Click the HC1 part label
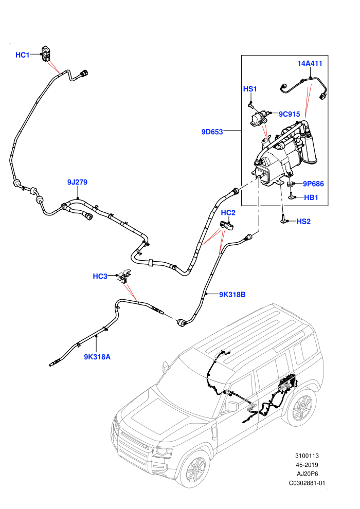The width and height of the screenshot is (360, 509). tap(23, 55)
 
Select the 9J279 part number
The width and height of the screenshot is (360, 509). tap(77, 182)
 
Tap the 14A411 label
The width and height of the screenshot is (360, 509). tap(310, 63)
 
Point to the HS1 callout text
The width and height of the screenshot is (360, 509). tap(250, 88)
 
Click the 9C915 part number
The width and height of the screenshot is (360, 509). tap(289, 114)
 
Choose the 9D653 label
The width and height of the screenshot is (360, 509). tap(212, 132)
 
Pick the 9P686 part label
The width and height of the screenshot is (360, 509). tap(313, 184)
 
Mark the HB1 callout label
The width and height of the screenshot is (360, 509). tap(311, 197)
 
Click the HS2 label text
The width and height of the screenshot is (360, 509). tap(303, 222)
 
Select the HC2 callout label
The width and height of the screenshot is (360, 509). tap(228, 213)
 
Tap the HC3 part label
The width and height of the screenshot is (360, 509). tap(100, 276)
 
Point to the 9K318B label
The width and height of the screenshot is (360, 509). tap(232, 295)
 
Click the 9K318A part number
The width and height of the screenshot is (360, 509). tap(97, 357)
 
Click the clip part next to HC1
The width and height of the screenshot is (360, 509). tap(46, 53)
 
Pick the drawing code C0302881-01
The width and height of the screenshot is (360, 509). tap(307, 483)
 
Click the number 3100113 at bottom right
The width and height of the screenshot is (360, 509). tap(307, 456)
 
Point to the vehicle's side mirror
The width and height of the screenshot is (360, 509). tap(233, 406)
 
